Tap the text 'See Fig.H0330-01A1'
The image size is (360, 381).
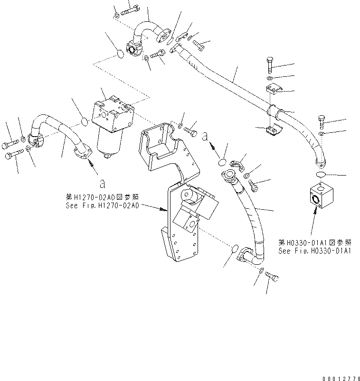pyautogui.click(x=314, y=251)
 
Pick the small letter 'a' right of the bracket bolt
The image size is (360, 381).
pyautogui.click(x=206, y=136)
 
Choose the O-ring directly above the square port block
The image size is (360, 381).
pyautogui.click(x=322, y=176)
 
